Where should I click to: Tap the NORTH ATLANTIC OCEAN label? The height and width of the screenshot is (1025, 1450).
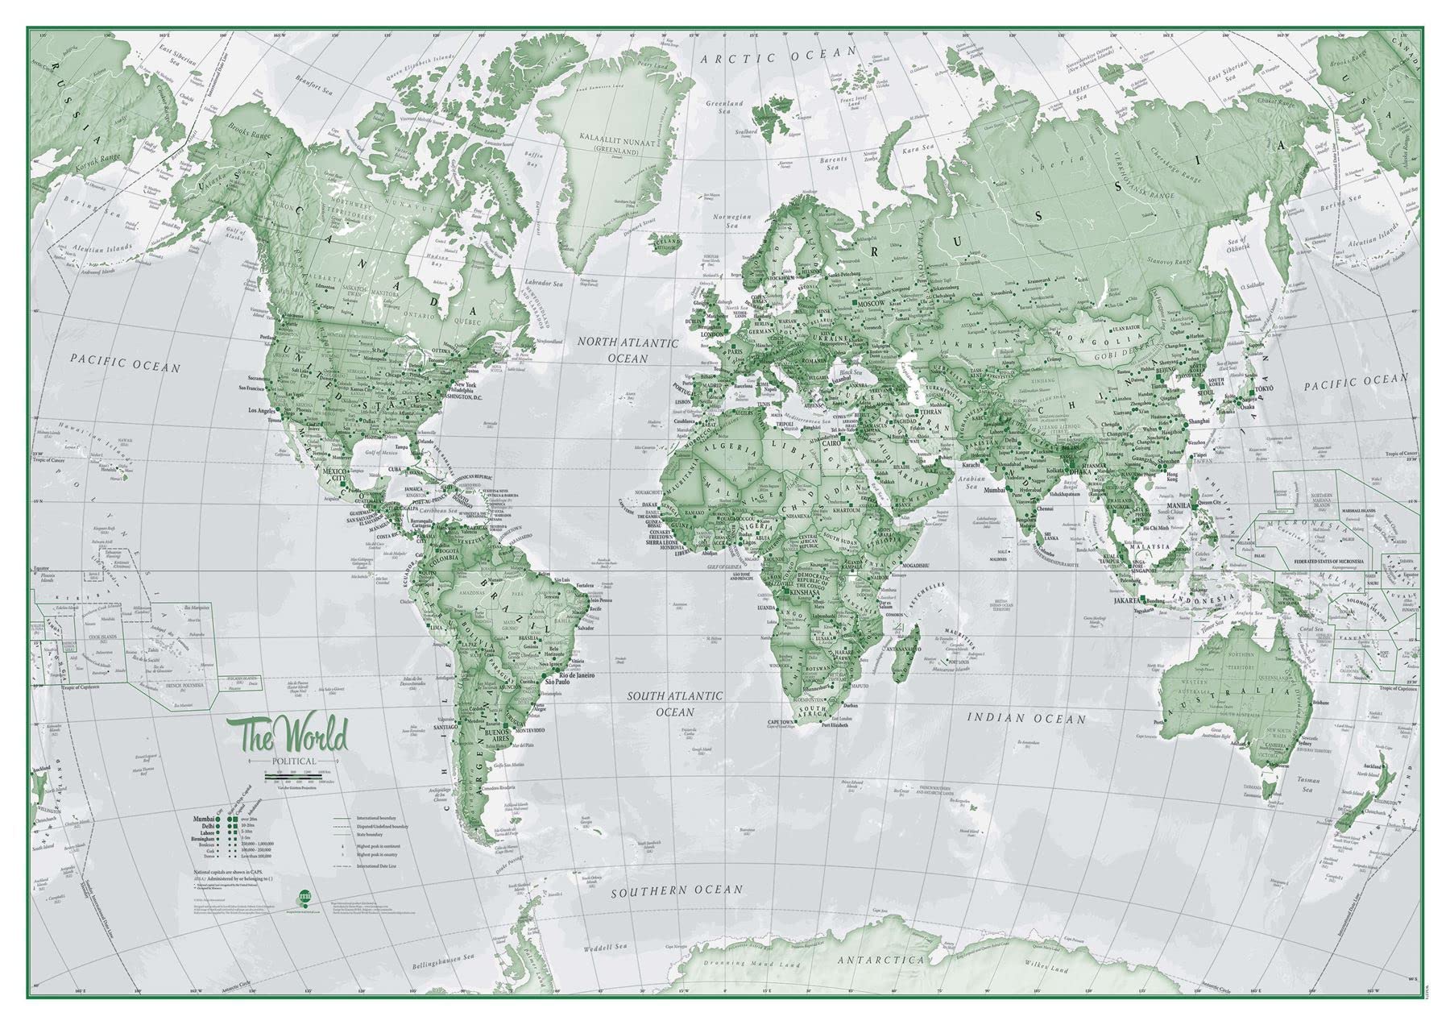click(x=628, y=350)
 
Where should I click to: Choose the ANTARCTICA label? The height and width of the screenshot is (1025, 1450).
click(x=880, y=961)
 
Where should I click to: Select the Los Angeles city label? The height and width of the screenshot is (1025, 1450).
click(x=267, y=411)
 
